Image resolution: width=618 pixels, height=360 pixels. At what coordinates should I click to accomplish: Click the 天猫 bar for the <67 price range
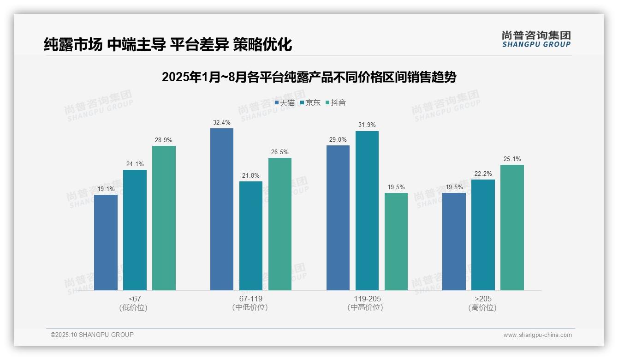(x=106, y=242)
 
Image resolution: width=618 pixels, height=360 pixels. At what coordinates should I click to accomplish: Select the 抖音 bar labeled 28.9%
(x=164, y=218)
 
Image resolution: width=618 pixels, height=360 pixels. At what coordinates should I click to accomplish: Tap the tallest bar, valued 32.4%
(x=222, y=209)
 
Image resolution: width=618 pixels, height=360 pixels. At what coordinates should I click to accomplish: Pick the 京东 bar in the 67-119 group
(x=251, y=235)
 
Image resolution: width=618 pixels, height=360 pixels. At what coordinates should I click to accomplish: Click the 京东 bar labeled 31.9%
(x=367, y=210)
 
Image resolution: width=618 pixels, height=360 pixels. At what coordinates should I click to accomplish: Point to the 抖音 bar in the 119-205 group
(x=396, y=241)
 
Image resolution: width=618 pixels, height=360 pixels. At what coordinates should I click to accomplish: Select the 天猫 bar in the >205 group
(x=454, y=241)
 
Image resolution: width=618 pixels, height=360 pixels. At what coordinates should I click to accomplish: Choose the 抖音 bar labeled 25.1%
(x=512, y=227)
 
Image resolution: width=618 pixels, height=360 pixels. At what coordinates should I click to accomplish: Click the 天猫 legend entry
(x=285, y=102)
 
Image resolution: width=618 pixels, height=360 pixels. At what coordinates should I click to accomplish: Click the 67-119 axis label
(x=251, y=299)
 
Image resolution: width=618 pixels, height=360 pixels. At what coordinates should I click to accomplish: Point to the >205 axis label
(x=483, y=299)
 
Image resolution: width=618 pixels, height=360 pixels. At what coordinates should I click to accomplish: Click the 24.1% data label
(x=135, y=164)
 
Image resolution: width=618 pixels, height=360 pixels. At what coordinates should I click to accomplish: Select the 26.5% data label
(x=280, y=152)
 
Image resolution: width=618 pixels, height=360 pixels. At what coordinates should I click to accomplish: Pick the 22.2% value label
(x=483, y=174)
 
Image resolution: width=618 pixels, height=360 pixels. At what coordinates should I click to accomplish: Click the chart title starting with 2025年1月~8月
(x=309, y=77)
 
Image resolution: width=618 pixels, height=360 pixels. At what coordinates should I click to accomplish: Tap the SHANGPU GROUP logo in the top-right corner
(x=536, y=39)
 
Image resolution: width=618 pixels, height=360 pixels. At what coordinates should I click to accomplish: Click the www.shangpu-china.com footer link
(x=537, y=335)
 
